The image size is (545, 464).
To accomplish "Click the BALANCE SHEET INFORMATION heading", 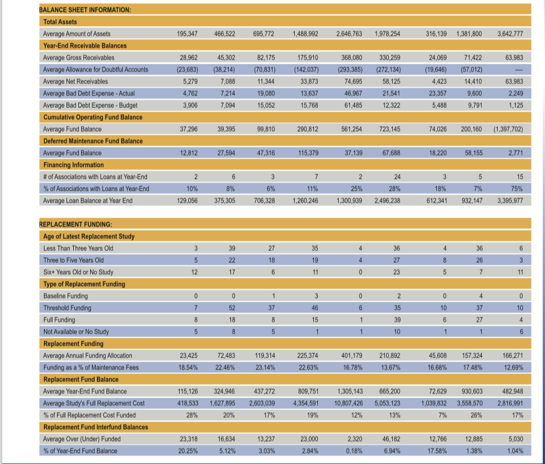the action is (x=85, y=10).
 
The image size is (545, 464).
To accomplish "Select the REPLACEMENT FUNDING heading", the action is (x=76, y=224).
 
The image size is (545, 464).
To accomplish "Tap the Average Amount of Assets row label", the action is (x=77, y=34).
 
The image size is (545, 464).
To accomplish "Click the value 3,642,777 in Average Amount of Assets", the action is (x=510, y=34).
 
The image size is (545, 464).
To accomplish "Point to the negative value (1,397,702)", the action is (x=508, y=129).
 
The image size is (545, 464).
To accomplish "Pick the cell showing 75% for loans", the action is (x=517, y=189).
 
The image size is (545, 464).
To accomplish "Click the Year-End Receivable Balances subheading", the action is (x=85, y=46).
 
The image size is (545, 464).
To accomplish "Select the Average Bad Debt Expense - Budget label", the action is (x=90, y=105).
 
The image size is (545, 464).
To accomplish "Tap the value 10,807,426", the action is (x=348, y=403).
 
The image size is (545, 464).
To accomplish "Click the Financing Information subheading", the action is (x=73, y=165).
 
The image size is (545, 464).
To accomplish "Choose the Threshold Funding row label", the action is (x=67, y=308).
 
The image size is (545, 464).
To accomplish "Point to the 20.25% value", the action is (x=188, y=451).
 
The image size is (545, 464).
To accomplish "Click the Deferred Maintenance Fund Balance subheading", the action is (x=93, y=141).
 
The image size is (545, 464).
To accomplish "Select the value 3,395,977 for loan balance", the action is (x=510, y=201).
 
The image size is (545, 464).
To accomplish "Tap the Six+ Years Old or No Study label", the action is (x=78, y=272).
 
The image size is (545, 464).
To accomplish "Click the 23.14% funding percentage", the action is (x=265, y=368).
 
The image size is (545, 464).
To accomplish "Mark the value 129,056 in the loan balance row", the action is (x=187, y=201).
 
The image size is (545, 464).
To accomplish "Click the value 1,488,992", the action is (x=305, y=34).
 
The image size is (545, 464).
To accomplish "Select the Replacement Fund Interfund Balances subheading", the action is (x=96, y=427).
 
